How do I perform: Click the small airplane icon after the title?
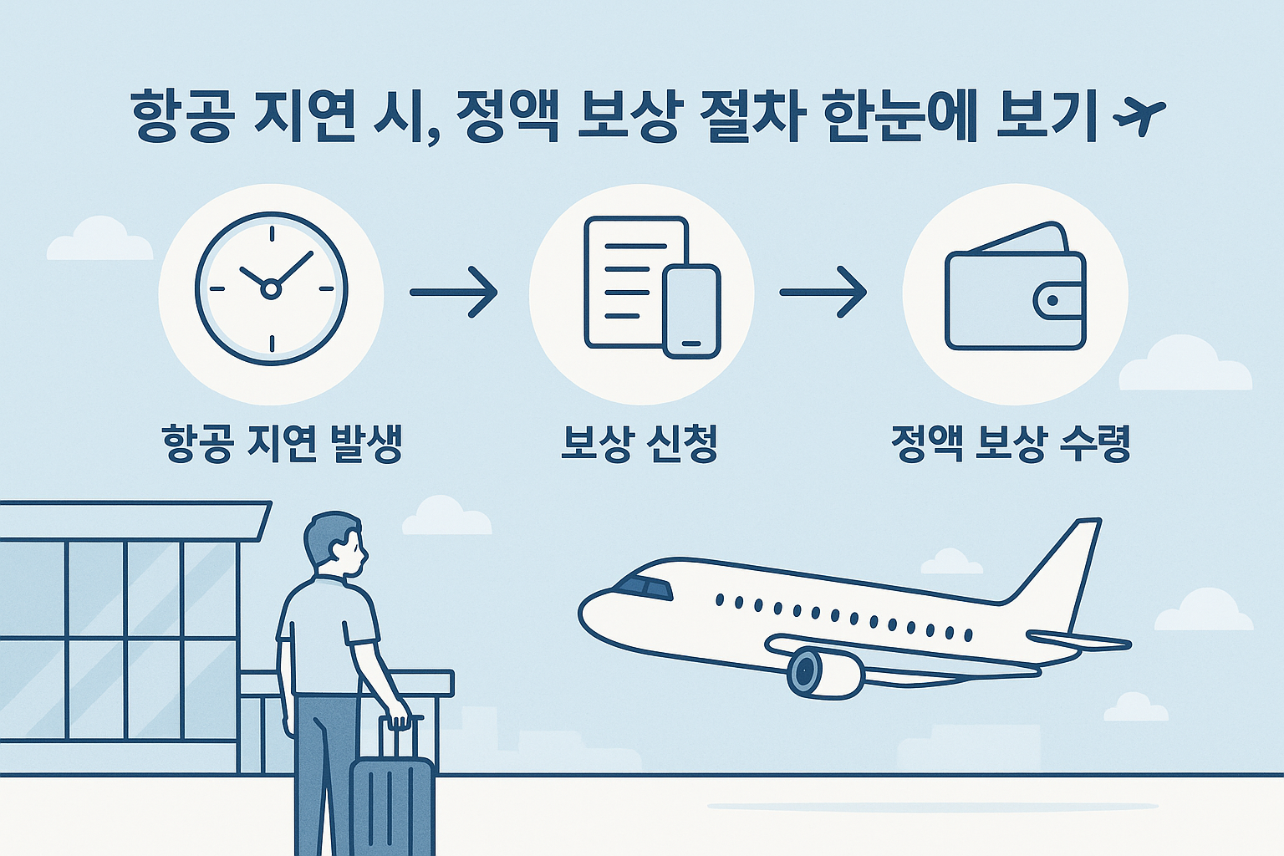point(1140,117)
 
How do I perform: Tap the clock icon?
point(271,289)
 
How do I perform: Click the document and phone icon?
point(650,288)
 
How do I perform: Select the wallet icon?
point(1015,289)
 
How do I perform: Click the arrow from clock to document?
point(454,292)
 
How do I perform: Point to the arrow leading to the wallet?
point(823,292)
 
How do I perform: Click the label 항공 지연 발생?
point(283,444)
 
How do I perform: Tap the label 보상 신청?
point(639,444)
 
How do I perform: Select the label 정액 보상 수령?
point(1011,444)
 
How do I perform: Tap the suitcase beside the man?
point(391,802)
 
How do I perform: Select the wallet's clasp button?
point(1052,300)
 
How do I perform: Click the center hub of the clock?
point(270,290)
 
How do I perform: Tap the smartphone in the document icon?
point(691,311)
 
